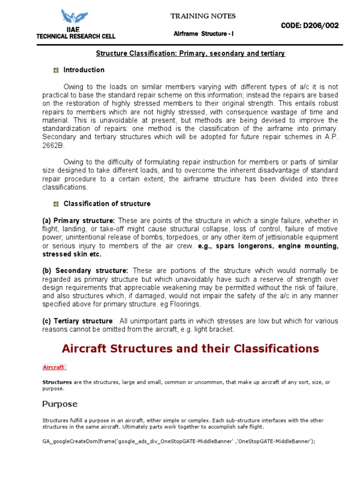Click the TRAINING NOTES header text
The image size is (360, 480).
203,16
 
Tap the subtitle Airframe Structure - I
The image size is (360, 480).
203,34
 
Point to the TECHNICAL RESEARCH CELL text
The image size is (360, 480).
75,36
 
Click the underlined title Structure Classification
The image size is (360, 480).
190,53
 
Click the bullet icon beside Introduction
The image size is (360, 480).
56,70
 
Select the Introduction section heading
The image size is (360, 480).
84,70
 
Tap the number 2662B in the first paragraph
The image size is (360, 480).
52,146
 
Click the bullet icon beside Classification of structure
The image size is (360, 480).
56,204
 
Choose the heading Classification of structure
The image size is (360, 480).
107,204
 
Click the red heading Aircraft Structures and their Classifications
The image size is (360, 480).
190,349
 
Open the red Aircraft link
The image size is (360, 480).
53,367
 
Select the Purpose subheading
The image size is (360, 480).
60,404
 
